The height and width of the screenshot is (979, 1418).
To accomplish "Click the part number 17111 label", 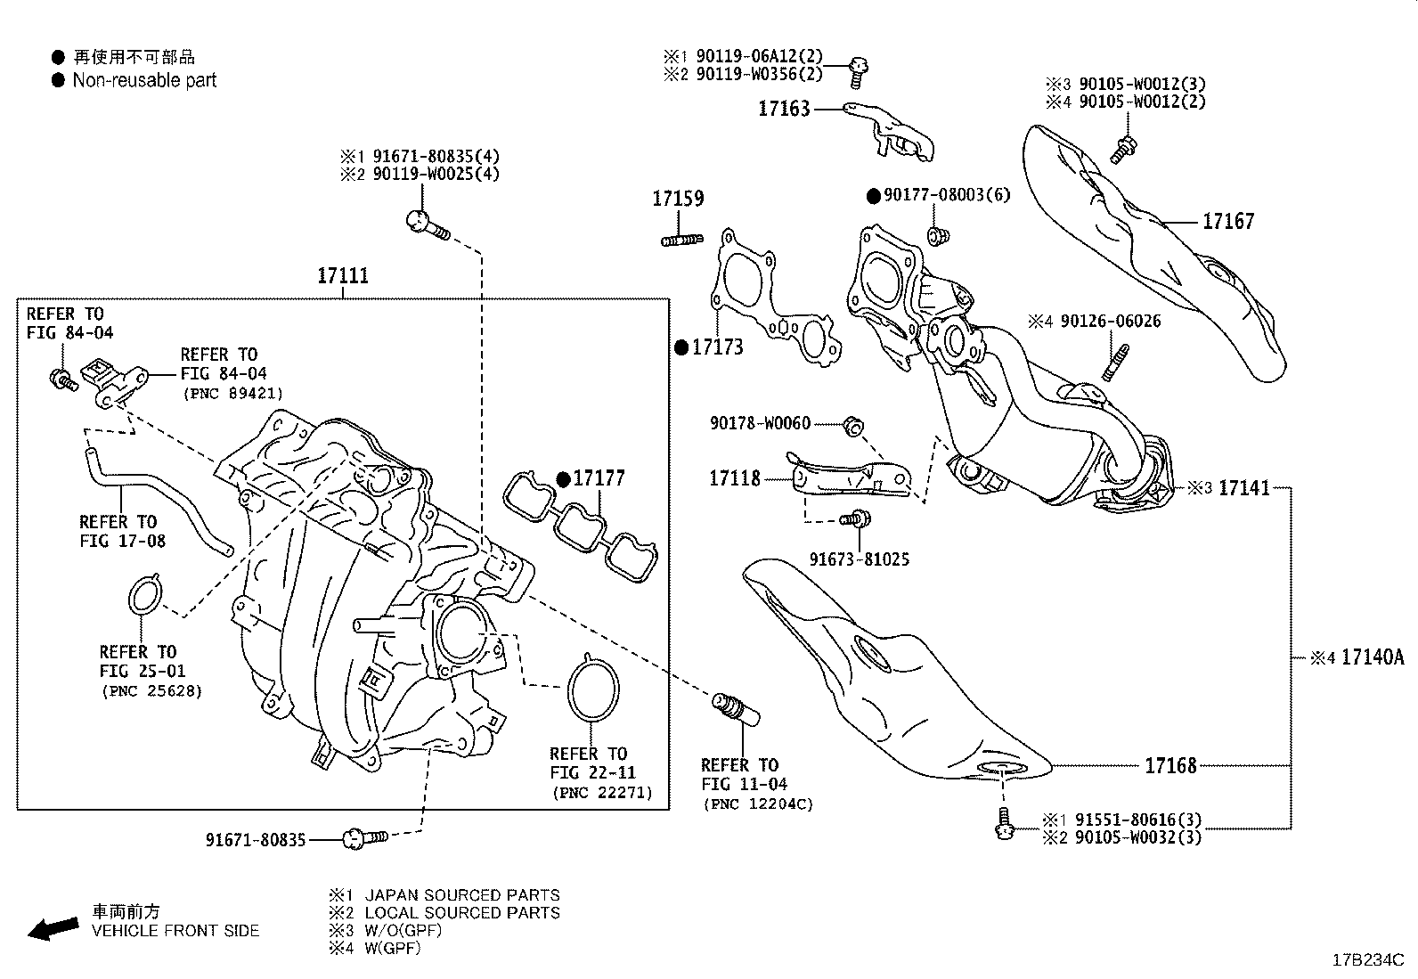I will [343, 276].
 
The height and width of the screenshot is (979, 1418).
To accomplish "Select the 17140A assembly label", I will [1372, 657].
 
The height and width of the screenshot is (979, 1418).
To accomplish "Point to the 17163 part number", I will [784, 109].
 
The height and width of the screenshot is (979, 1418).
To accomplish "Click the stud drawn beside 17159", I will [682, 239].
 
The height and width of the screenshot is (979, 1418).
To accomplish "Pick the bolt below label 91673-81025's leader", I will [857, 518].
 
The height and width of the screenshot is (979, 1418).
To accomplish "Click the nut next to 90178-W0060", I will [852, 426].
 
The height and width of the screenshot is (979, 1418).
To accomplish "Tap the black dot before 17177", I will [563, 479].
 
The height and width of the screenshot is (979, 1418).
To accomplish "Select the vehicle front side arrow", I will [53, 929].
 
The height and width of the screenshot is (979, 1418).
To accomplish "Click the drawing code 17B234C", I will [1367, 960].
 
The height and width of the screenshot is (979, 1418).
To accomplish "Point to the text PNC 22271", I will [601, 792].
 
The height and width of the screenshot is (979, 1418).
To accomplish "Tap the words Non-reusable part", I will [144, 80].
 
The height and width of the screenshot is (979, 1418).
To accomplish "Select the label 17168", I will [1170, 765].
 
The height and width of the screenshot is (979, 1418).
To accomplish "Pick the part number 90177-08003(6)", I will [947, 194].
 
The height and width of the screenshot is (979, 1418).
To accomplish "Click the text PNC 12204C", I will [757, 804].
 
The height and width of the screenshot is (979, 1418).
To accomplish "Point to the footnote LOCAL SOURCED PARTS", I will [462, 912].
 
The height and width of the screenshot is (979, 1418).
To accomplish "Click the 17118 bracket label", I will [735, 478].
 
